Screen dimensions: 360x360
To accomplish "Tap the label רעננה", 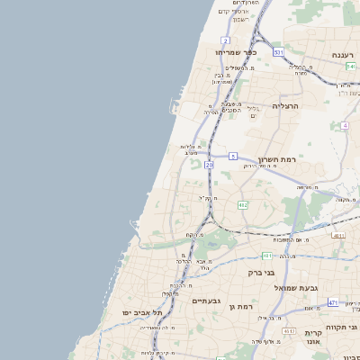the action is (x=343, y=55).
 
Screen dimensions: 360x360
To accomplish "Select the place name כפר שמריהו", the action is (x=237, y=52).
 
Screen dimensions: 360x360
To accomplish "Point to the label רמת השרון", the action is (x=277, y=159).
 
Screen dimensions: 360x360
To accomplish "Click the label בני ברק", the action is (x=261, y=271).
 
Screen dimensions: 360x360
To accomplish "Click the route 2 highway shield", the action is (x=225, y=40).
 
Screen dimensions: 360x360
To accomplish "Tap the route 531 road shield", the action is (x=279, y=52).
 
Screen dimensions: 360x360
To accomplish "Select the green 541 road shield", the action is (x=350, y=67).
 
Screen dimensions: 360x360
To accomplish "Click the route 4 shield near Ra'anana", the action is (x=345, y=125).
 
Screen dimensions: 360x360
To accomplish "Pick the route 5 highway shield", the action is (x=232, y=156).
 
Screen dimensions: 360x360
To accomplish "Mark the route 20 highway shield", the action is (x=210, y=165).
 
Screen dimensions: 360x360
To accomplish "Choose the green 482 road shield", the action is (x=242, y=205).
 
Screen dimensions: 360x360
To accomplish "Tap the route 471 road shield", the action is (x=333, y=302).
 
